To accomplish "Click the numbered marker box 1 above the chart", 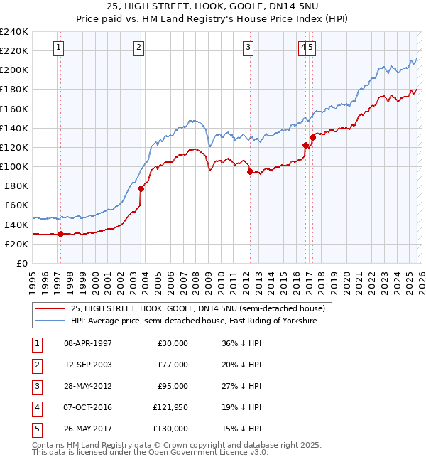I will tap(58, 48).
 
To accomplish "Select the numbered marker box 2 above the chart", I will tap(138, 48).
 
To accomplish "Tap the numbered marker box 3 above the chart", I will tap(248, 48).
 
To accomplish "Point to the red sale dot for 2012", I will tap(250, 171).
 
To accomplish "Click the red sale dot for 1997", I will tap(60, 234).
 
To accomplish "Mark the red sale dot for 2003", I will tap(141, 188).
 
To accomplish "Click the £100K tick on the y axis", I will tap(14, 166).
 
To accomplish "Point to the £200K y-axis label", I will tap(14, 70).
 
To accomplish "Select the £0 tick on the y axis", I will tap(21, 263).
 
